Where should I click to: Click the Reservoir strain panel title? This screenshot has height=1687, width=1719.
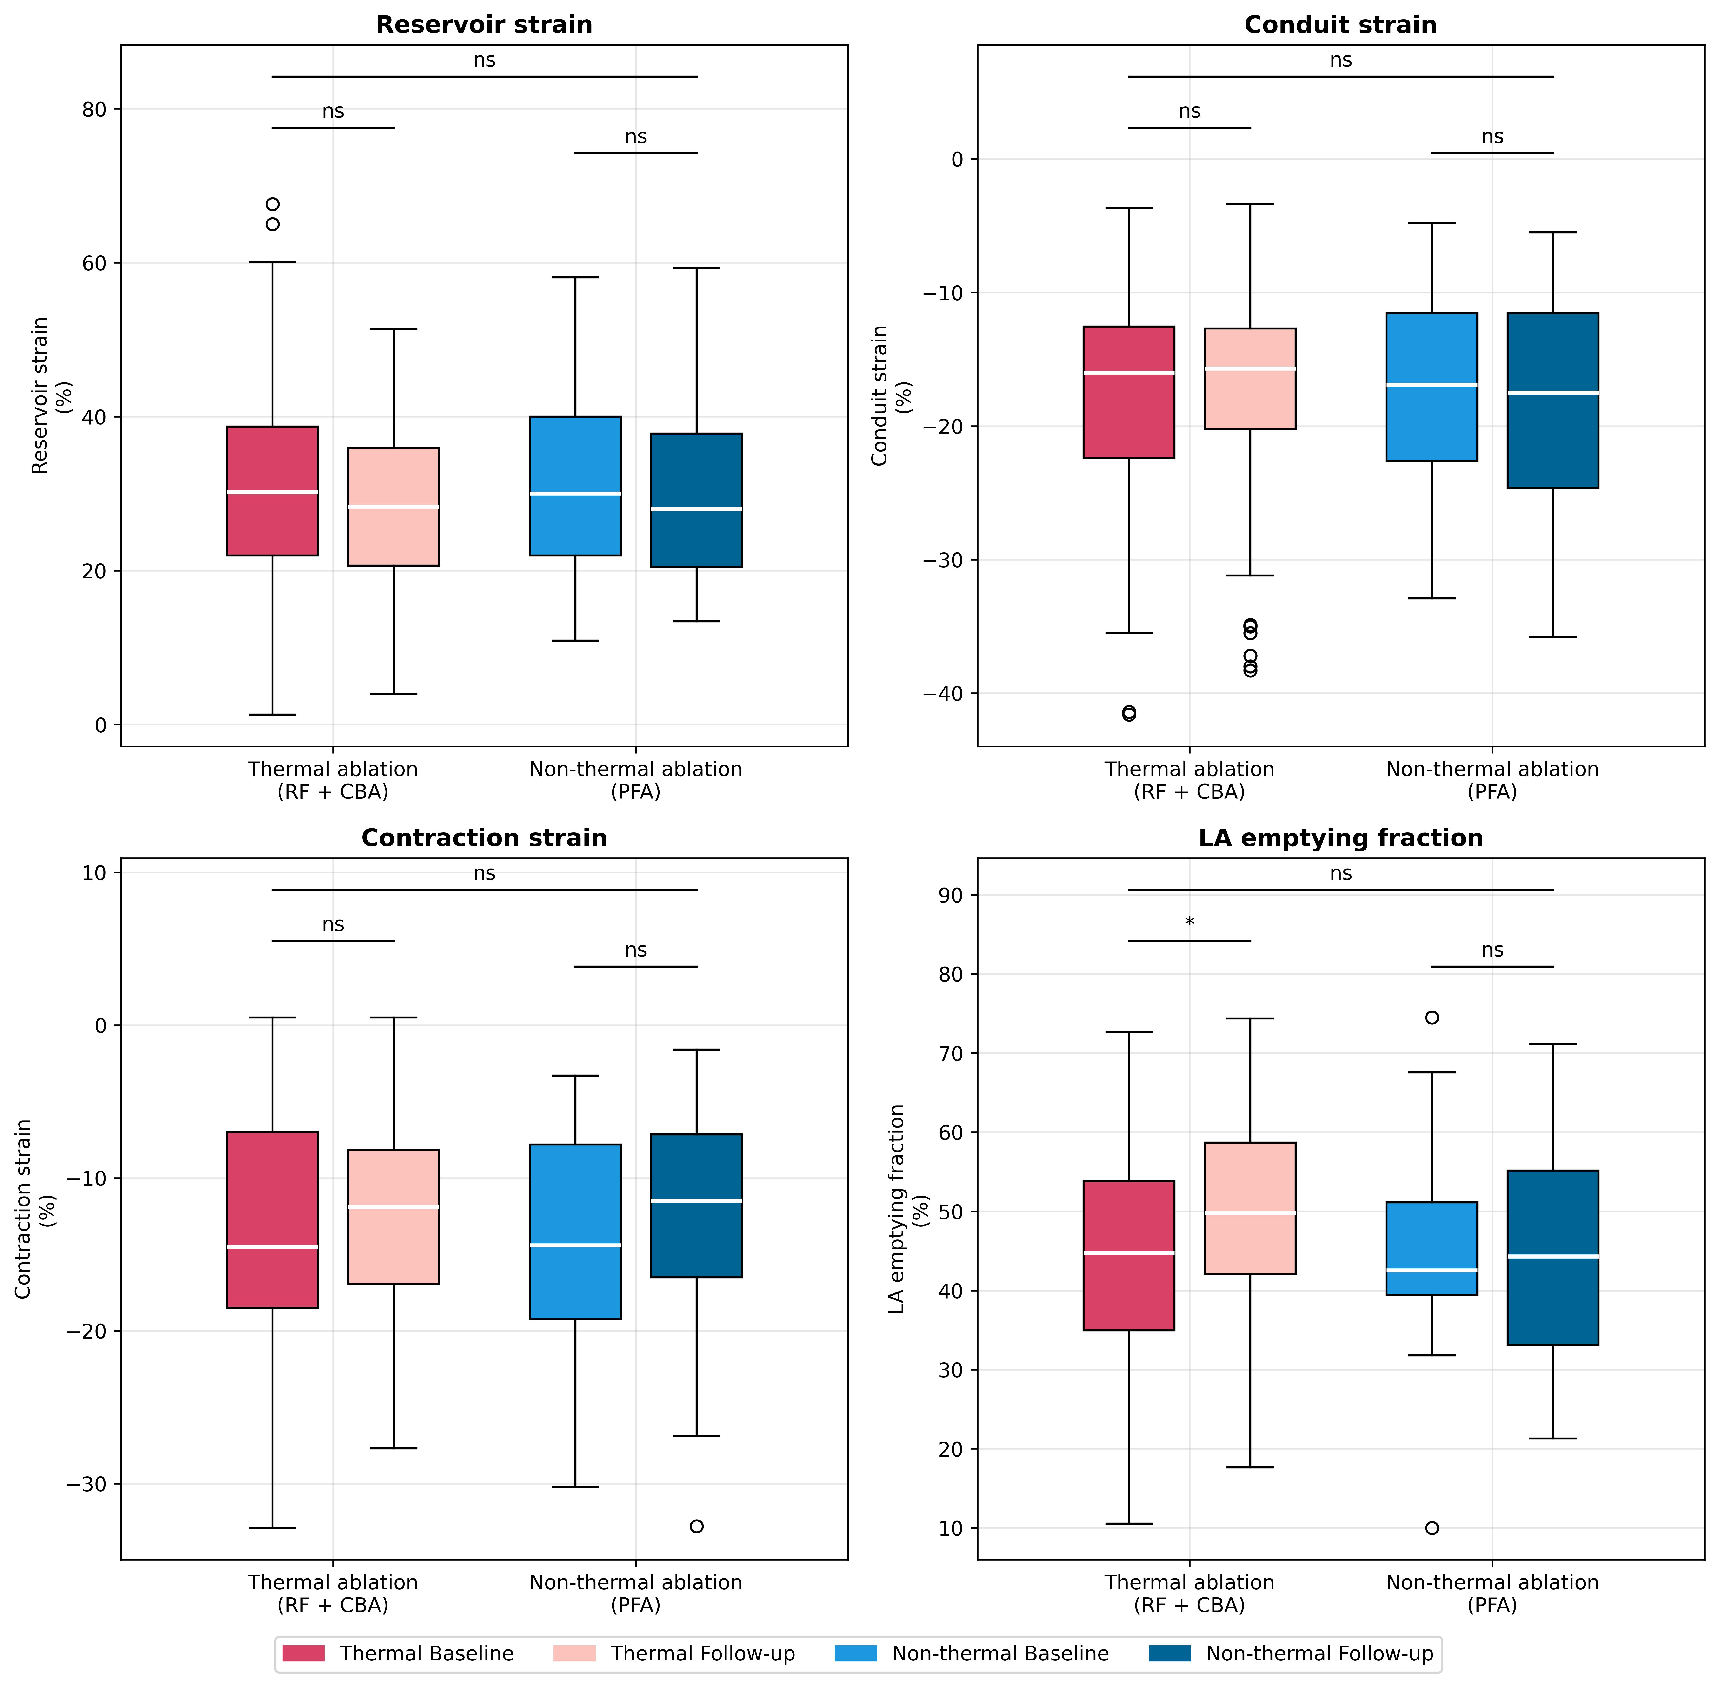tap(484, 25)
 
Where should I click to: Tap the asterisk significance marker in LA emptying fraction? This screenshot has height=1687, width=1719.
tap(1189, 922)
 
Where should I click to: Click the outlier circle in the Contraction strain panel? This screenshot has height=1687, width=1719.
tap(696, 1526)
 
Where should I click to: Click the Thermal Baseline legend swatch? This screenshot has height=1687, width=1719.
tap(303, 1653)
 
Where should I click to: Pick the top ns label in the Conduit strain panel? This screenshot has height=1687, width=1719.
tap(1341, 60)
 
